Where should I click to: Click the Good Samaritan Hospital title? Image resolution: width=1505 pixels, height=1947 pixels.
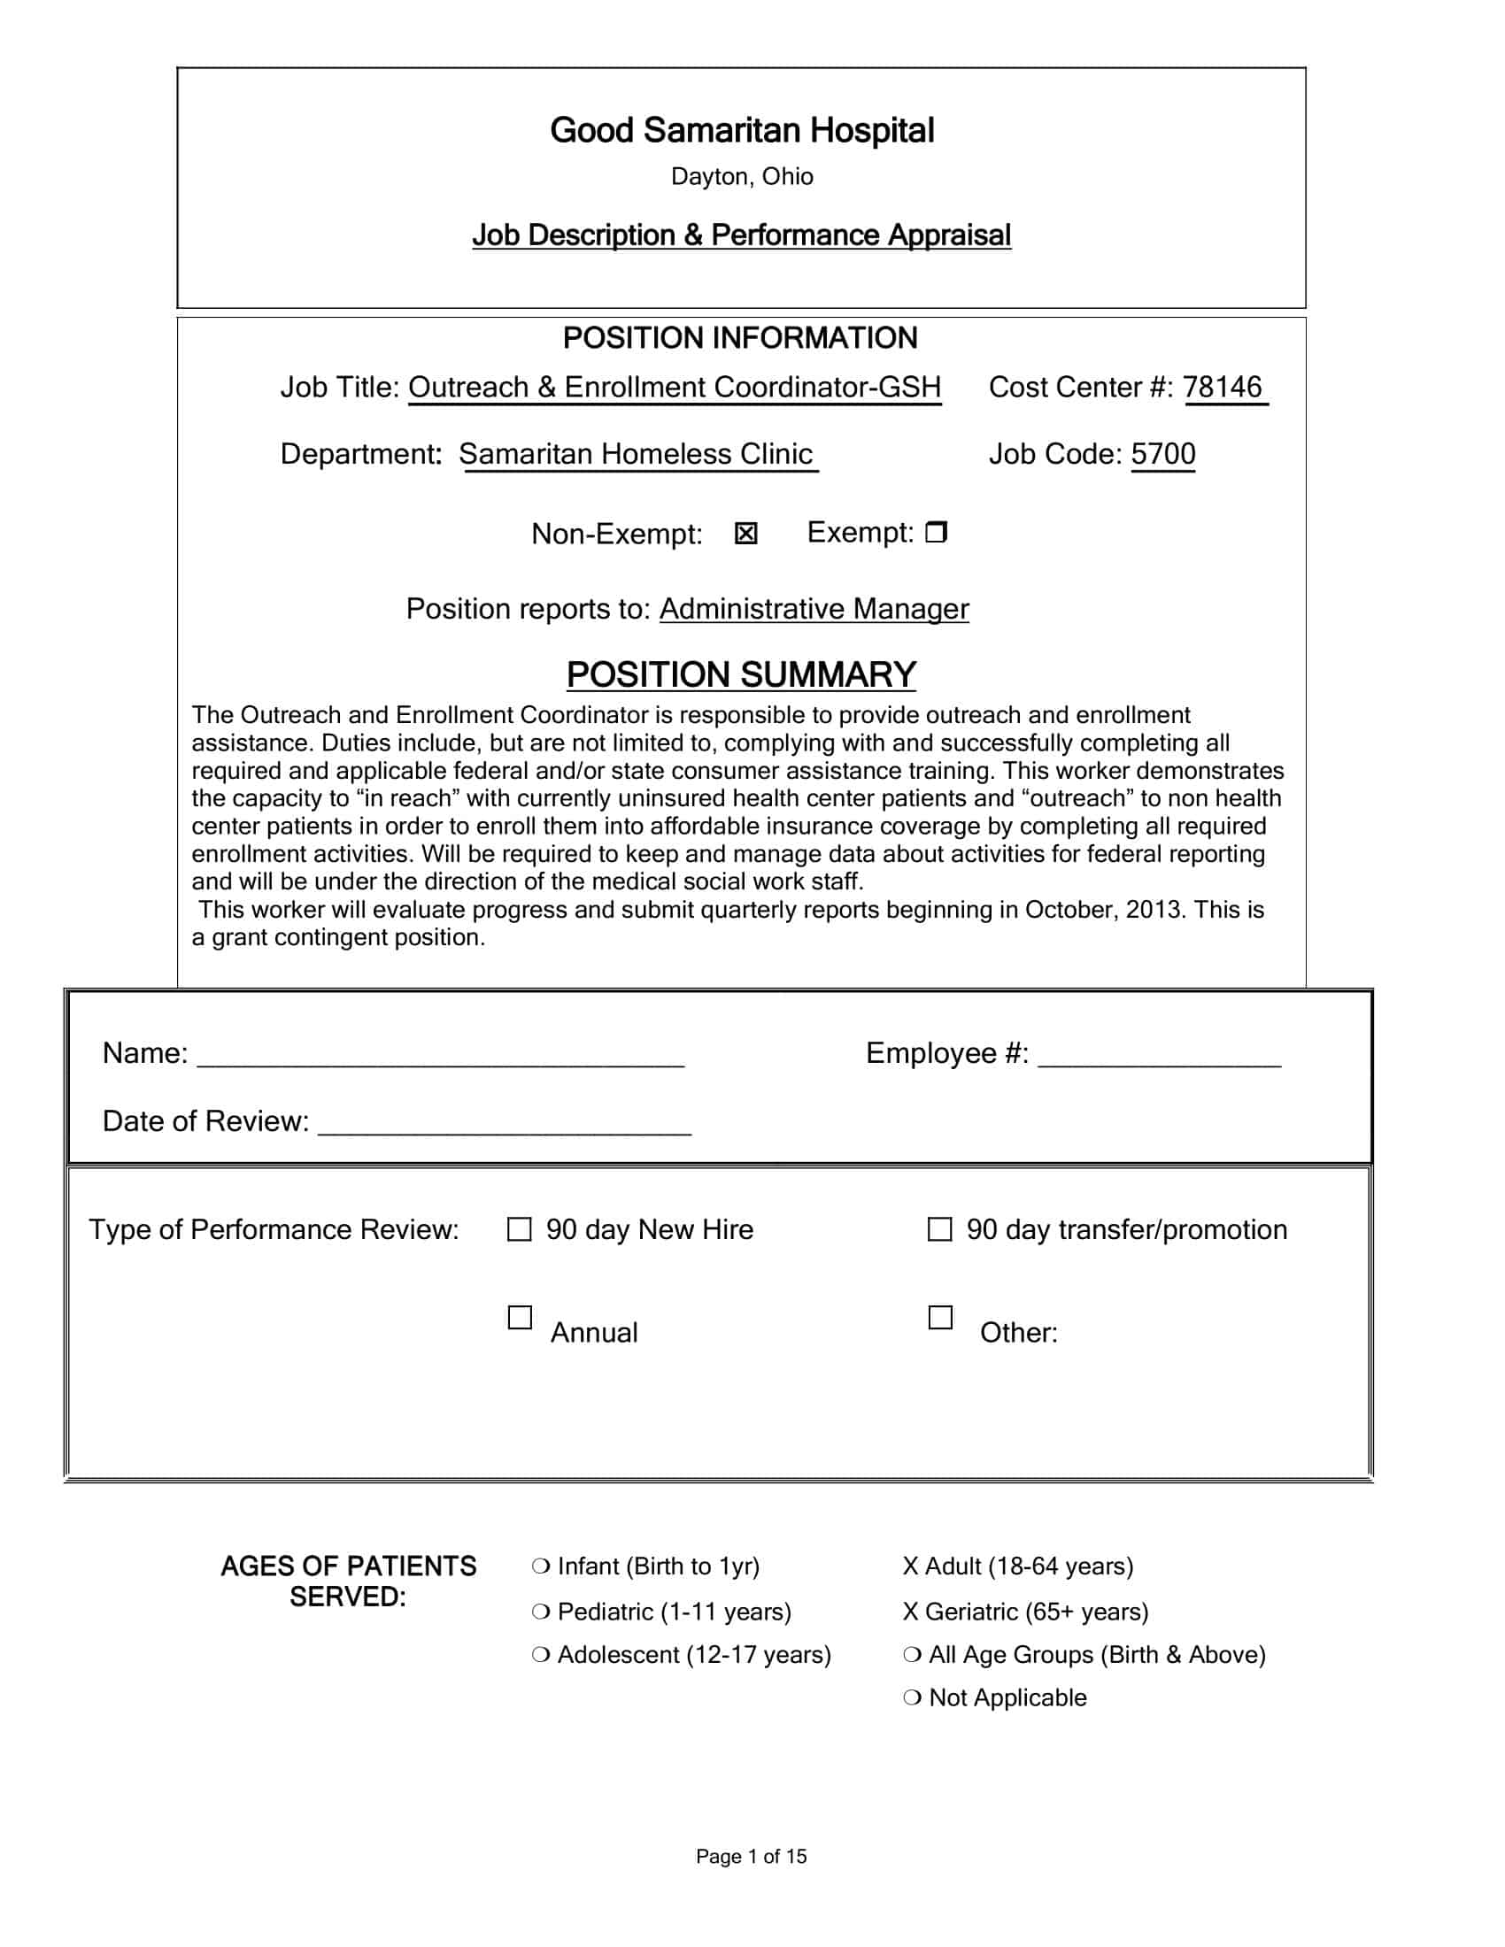[x=742, y=130]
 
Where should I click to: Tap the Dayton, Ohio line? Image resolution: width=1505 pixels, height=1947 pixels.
[x=742, y=176]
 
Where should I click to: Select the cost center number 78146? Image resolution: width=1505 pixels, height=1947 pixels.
[x=1223, y=387]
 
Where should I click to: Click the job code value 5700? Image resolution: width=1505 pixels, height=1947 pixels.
[x=1162, y=454]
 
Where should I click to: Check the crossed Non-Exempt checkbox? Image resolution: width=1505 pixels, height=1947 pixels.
[x=746, y=533]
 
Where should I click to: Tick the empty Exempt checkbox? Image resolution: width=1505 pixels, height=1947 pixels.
[x=936, y=532]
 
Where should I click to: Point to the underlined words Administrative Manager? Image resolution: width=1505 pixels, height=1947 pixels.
[x=813, y=609]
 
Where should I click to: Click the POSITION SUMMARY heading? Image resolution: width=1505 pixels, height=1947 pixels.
[x=741, y=675]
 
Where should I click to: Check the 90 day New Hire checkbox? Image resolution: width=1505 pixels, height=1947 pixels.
[x=519, y=1229]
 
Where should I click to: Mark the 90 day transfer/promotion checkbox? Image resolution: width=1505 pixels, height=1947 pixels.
[x=939, y=1229]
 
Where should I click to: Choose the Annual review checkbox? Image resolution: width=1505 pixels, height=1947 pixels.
[x=520, y=1318]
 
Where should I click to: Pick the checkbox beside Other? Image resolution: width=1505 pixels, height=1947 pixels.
[x=940, y=1318]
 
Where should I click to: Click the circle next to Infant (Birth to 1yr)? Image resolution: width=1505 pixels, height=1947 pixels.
[x=540, y=1566]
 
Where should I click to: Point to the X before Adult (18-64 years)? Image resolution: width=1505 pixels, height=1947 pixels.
[x=910, y=1566]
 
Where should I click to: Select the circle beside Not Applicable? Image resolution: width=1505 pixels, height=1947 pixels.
[x=912, y=1697]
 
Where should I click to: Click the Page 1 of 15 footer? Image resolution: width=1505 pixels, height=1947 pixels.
[x=751, y=1856]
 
